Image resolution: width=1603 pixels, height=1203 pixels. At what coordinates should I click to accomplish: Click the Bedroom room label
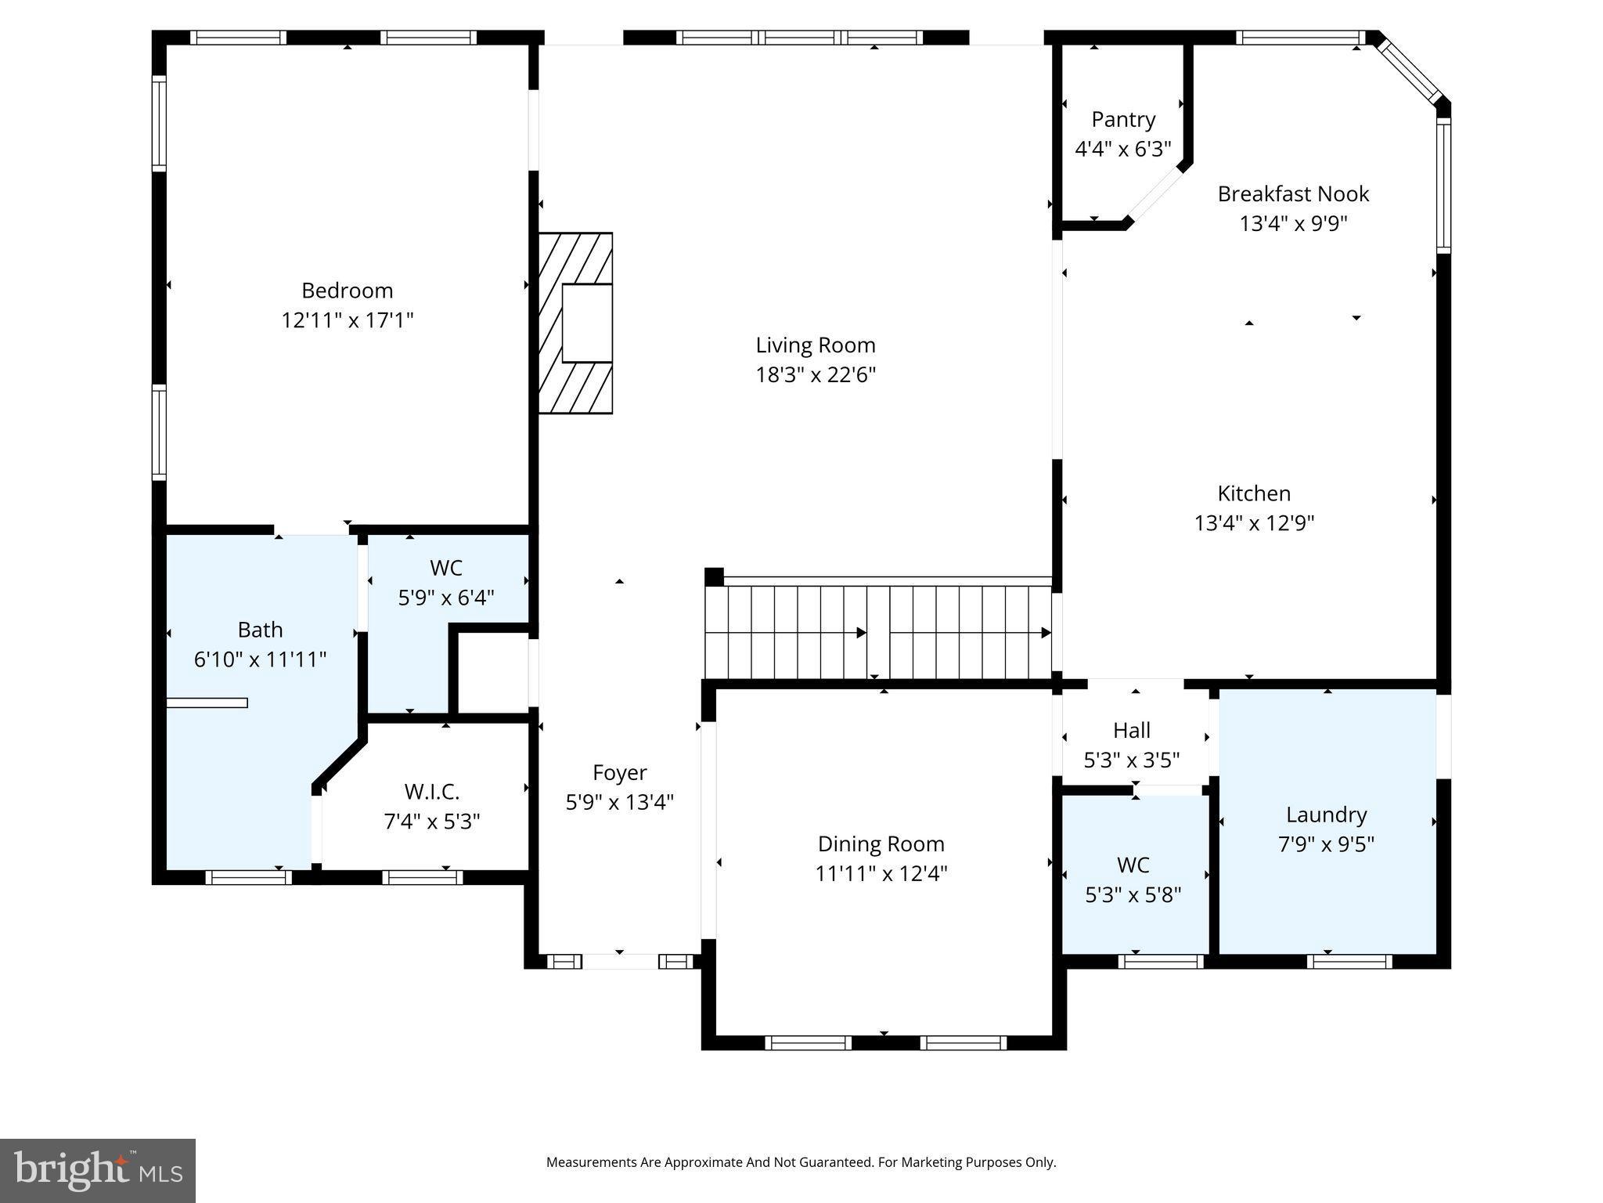click(347, 291)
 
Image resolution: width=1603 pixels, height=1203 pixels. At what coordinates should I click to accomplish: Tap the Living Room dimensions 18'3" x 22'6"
click(815, 375)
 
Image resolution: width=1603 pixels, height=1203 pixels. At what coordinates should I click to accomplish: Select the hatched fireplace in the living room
click(575, 323)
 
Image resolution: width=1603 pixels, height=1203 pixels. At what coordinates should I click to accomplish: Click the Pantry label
click(1123, 120)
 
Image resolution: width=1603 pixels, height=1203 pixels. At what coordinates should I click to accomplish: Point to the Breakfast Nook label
click(1293, 194)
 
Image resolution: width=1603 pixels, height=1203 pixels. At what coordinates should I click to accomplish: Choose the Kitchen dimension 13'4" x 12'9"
click(1254, 523)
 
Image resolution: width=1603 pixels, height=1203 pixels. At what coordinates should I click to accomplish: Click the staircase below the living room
click(877, 633)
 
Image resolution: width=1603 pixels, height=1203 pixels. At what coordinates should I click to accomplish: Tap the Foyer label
click(619, 773)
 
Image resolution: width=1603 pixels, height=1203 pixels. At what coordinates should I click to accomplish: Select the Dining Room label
click(881, 844)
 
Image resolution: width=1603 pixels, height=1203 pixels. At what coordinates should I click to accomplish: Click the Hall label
click(1131, 731)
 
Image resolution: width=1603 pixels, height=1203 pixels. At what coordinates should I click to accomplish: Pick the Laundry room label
click(1326, 815)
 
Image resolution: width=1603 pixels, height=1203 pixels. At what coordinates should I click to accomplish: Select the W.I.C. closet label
click(431, 792)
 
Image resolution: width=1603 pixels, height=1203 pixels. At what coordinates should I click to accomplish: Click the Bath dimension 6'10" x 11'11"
click(260, 659)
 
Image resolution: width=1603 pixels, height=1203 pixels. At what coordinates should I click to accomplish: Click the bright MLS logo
click(98, 1170)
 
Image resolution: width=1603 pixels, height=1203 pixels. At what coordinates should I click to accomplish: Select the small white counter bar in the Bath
click(207, 703)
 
